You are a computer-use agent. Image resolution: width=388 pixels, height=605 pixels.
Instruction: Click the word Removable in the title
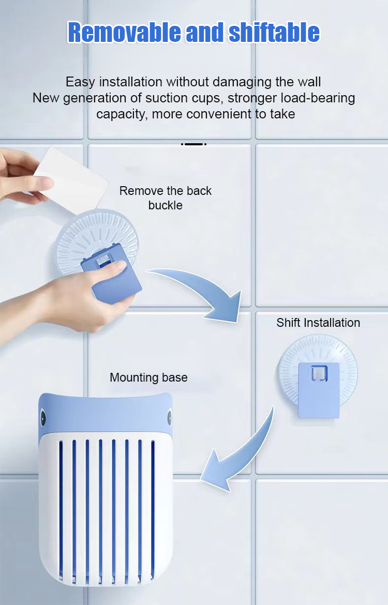[124, 33]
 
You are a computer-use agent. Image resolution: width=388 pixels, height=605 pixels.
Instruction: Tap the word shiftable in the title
[274, 33]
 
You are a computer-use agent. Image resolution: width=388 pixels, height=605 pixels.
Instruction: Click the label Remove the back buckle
[165, 198]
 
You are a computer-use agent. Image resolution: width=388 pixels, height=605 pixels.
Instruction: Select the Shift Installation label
[318, 323]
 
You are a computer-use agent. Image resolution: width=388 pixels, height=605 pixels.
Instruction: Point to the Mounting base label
[148, 377]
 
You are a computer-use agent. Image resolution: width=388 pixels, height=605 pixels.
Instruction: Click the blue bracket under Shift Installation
[319, 390]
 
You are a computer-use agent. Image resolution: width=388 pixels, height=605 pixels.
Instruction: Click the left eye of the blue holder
[43, 418]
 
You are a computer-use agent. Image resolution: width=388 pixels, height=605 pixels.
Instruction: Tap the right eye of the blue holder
[169, 417]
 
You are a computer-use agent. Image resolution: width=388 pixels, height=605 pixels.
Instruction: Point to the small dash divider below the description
[194, 144]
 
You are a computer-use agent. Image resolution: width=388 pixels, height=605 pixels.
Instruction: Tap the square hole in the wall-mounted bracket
[319, 373]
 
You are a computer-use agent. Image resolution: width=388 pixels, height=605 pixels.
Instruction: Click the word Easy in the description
[81, 82]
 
